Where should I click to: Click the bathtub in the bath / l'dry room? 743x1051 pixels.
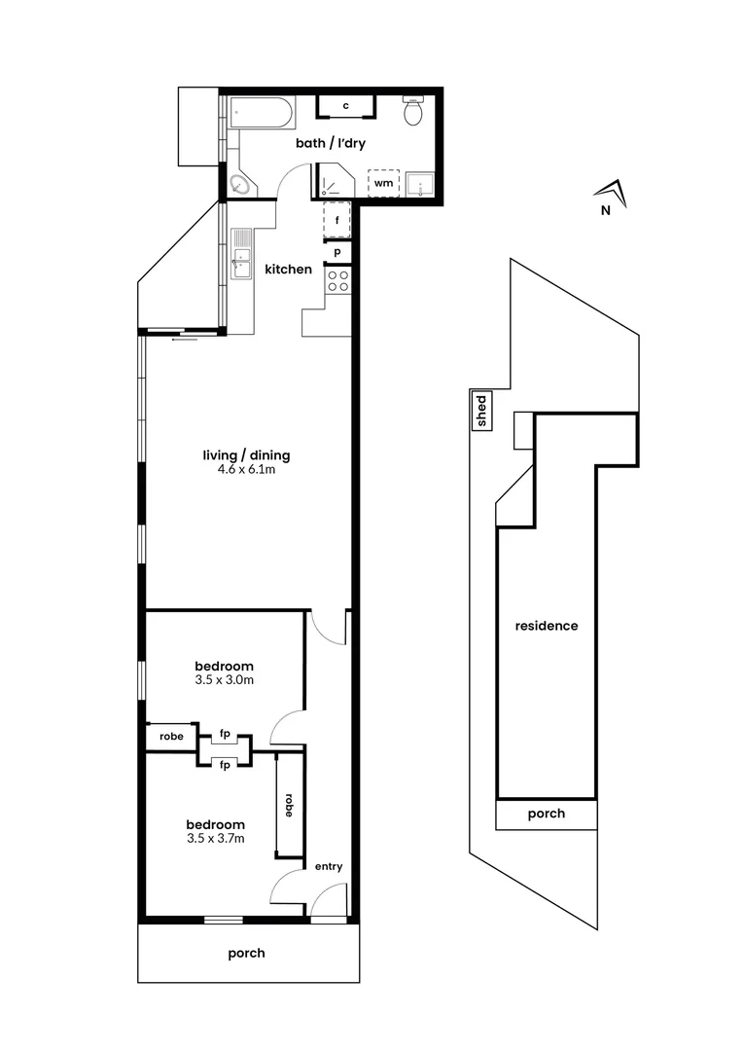(262, 113)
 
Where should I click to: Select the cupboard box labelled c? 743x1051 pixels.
(344, 106)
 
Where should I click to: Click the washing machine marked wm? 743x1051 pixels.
(384, 183)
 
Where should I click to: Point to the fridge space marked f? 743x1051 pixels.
(336, 220)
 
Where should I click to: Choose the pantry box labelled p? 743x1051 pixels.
(336, 252)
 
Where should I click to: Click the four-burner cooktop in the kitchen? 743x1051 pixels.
(338, 281)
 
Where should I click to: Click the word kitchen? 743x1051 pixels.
(289, 270)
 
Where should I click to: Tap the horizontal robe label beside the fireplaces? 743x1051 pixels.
(171, 737)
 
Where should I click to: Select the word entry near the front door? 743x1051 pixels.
(328, 867)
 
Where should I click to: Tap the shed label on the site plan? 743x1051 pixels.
(480, 412)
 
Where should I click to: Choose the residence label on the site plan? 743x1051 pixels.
(546, 626)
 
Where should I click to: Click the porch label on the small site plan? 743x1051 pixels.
(546, 815)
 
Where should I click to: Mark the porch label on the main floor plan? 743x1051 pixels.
(246, 953)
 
